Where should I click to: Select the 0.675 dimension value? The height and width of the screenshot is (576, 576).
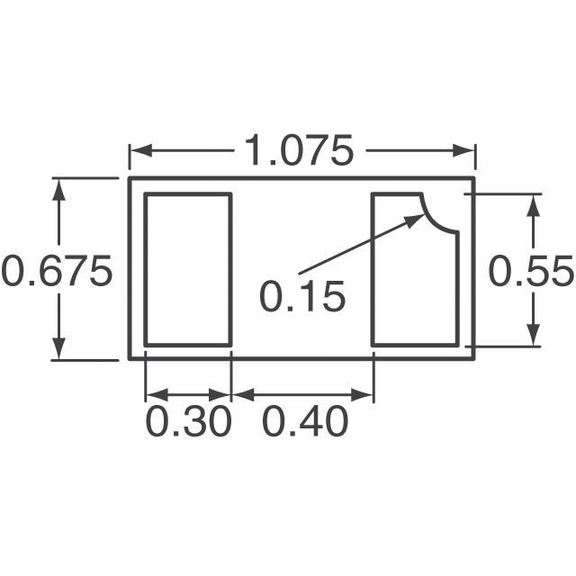click(x=57, y=271)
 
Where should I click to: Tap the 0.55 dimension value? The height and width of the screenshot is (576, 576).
click(x=531, y=271)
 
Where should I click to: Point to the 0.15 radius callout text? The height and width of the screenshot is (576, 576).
click(x=302, y=297)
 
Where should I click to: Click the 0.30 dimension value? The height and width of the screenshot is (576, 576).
click(x=189, y=421)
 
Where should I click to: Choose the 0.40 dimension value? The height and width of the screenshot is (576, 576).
click(x=305, y=421)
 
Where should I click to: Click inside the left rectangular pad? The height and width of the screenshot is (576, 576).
click(x=188, y=269)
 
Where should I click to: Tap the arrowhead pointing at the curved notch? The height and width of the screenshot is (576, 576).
click(x=418, y=218)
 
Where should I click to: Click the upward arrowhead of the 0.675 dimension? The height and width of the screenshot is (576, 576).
click(x=59, y=189)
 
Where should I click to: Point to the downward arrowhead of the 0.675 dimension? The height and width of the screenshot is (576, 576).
click(x=59, y=349)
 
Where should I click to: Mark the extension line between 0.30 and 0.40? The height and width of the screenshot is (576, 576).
click(x=231, y=378)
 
